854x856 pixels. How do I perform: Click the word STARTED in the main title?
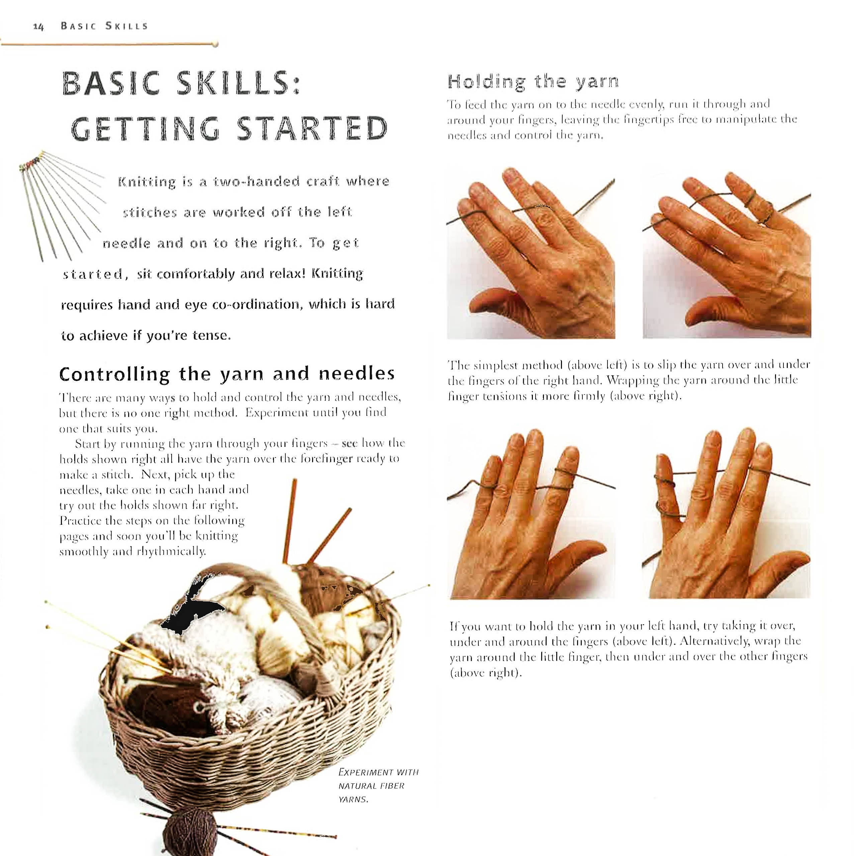[312, 129]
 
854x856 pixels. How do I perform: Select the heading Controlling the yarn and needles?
[226, 374]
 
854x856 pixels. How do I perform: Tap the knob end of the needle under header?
[215, 44]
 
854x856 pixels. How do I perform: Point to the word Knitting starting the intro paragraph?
[147, 182]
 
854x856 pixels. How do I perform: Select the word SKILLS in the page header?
[126, 26]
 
